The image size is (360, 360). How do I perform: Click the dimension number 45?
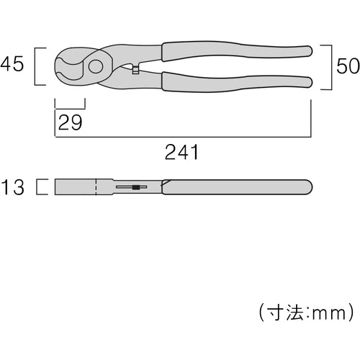(x=12, y=64)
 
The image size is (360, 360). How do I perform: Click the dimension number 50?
(x=348, y=66)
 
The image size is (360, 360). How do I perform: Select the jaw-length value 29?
(x=70, y=122)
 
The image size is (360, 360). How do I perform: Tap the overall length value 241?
(x=181, y=152)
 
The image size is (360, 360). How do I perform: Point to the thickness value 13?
(x=12, y=187)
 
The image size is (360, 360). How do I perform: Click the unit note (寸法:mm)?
(x=306, y=312)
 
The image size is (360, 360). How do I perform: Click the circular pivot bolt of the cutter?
(x=96, y=66)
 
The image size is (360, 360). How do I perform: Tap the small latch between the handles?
(x=135, y=69)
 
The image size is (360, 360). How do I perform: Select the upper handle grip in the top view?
(x=237, y=51)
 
